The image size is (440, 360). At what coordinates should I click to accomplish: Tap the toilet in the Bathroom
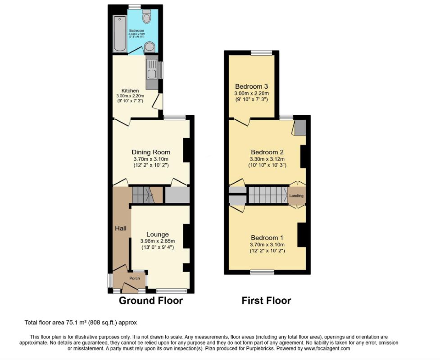click(146, 17)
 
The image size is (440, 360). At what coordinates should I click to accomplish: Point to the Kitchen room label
click(130, 90)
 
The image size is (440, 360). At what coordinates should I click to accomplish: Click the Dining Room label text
click(151, 152)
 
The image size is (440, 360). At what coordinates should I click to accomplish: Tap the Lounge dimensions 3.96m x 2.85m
click(157, 241)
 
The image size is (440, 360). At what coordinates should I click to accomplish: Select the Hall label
click(120, 229)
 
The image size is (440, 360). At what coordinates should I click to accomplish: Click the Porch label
click(135, 278)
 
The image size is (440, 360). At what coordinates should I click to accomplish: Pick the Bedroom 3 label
click(251, 86)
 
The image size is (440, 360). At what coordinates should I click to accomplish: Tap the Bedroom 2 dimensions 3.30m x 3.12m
click(268, 159)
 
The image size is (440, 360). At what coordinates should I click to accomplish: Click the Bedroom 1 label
click(268, 238)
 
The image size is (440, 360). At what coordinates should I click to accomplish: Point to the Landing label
click(296, 196)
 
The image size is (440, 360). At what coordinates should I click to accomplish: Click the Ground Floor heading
click(151, 301)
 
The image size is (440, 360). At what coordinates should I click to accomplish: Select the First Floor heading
click(266, 301)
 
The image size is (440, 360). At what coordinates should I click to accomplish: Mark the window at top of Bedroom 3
click(262, 53)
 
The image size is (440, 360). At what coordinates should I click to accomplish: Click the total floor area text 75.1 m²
click(80, 322)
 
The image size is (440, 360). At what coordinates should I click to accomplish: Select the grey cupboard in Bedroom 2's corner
click(300, 127)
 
